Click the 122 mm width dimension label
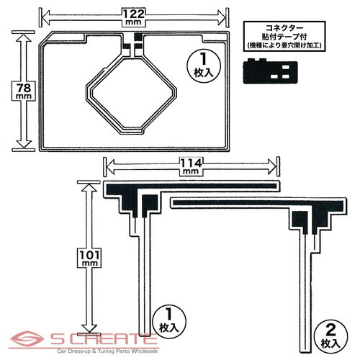(x=134, y=17)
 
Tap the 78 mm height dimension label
(x=24, y=91)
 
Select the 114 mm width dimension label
(x=192, y=166)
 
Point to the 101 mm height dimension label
(x=89, y=258)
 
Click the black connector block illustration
(x=270, y=71)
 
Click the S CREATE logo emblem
(x=27, y=338)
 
